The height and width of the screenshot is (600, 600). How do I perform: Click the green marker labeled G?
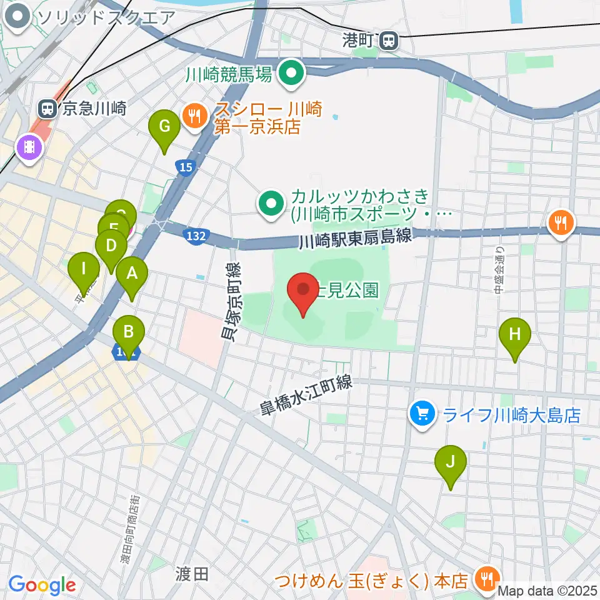click(164, 127)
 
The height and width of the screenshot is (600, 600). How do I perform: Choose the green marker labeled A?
click(132, 274)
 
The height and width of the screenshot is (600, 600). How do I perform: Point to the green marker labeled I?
click(84, 271)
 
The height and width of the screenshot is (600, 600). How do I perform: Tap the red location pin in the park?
click(303, 291)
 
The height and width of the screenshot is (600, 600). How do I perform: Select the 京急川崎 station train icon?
click(47, 109)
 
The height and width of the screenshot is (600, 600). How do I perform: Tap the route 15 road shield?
click(184, 167)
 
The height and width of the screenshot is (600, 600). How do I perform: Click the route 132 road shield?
click(195, 236)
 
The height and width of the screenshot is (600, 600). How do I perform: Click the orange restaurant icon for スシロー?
click(195, 114)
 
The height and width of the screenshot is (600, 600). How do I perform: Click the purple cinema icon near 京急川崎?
click(29, 148)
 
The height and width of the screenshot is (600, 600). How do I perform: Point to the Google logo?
click(42, 586)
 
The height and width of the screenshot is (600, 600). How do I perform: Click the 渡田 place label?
click(192, 574)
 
